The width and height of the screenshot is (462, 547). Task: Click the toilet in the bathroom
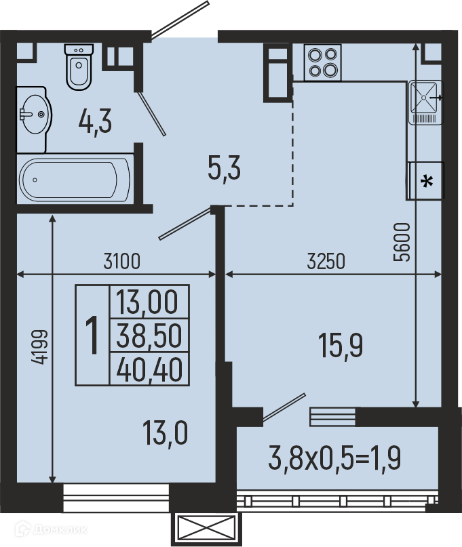click(79, 67)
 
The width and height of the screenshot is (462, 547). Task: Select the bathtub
click(75, 180)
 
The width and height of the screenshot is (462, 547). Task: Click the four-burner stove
click(323, 62)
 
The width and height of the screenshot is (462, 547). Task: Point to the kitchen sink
click(425, 102)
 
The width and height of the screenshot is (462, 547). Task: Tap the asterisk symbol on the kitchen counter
click(427, 182)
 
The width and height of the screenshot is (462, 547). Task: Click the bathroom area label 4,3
click(95, 121)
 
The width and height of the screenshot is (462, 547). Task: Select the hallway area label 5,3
click(224, 168)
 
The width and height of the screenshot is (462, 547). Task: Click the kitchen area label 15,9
click(341, 345)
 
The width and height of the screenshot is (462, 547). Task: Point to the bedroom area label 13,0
click(165, 433)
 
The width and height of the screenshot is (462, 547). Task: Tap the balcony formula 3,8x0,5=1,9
click(334, 458)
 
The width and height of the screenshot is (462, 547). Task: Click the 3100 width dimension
click(122, 261)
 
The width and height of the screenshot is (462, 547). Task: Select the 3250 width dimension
click(326, 261)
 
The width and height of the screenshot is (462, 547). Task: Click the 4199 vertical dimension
click(39, 347)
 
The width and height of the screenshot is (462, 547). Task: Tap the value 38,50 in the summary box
click(149, 336)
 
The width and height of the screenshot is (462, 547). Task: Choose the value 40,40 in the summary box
click(149, 369)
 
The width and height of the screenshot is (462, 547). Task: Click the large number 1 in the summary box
click(92, 335)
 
